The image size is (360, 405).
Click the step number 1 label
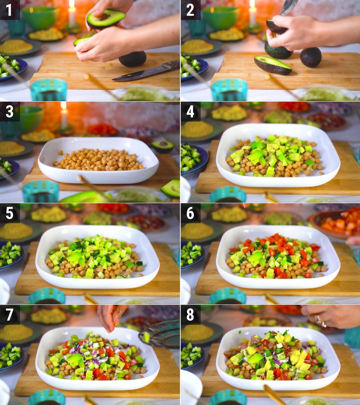[10, 10]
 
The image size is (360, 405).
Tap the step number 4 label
[190, 112]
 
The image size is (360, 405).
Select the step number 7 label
[10, 315]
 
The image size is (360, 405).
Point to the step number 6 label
[190, 213]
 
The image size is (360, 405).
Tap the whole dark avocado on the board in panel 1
[132, 58]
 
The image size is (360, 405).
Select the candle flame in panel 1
[71, 4]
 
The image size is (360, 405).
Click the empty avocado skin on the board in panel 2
[273, 65]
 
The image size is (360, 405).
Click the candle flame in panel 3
[64, 105]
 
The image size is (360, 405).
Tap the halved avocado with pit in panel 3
[163, 146]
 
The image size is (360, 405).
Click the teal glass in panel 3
[41, 191]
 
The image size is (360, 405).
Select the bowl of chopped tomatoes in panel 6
[336, 224]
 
